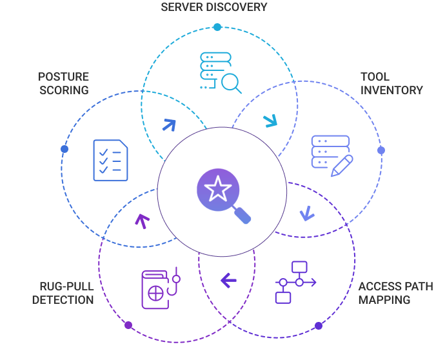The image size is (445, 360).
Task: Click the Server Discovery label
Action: coord(214,7)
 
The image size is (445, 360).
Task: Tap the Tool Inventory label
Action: coord(391,83)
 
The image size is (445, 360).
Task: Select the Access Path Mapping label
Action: coord(395,293)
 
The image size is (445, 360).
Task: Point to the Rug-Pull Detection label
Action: coord(63,293)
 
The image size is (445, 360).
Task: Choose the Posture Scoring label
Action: coord(64,83)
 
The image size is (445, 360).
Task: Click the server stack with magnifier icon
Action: coord(221,73)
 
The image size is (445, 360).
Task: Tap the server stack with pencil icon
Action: coord(332,156)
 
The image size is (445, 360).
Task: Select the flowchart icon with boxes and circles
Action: coord(295,282)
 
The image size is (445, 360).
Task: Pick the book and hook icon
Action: coord(161,288)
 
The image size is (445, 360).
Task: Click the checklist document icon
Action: coord(110,160)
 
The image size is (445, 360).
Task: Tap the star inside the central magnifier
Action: coord(218,189)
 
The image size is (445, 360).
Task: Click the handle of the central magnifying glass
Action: coord(242,215)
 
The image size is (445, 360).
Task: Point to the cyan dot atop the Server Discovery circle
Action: coord(217,27)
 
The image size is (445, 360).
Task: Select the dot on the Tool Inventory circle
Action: coord(381,150)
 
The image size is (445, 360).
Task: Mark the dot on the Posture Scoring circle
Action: coord(64,149)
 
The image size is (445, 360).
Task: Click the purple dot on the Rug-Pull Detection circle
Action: coord(128,325)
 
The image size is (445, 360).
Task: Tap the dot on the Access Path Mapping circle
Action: coord(319,326)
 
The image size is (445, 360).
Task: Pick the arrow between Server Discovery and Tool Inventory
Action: coord(270,121)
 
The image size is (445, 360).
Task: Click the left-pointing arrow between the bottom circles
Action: coord(228,281)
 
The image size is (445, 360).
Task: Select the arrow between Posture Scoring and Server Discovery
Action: coord(169,125)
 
